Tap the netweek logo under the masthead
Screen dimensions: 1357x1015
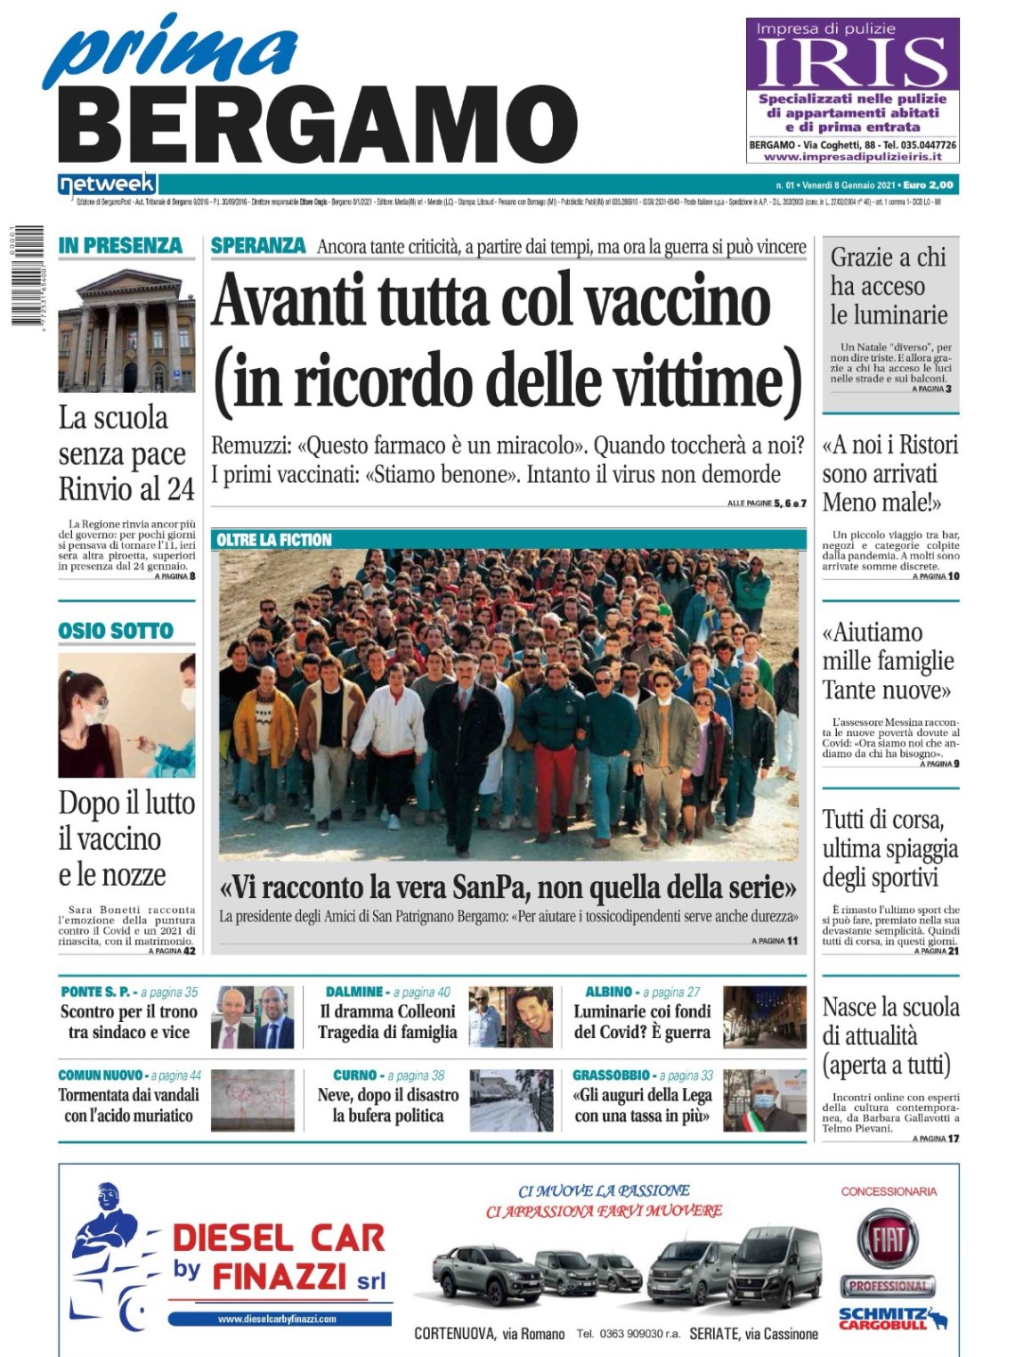[107, 184]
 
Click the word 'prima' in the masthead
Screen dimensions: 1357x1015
[169, 51]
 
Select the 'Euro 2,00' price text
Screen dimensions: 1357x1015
[928, 185]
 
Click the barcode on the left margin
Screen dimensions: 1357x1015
[28, 274]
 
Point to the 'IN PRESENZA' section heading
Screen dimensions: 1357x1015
[120, 246]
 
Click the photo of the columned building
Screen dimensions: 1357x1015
[126, 331]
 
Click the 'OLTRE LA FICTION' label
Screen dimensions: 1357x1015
[274, 540]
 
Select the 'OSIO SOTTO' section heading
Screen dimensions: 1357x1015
[116, 631]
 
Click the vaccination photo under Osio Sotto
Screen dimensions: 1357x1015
[126, 715]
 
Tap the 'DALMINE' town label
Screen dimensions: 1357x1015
[354, 992]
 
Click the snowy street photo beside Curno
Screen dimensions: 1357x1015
[511, 1100]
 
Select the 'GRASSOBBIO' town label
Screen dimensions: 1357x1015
[611, 1075]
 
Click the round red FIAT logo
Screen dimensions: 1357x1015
[888, 1239]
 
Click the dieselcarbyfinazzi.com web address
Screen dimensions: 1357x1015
[277, 1319]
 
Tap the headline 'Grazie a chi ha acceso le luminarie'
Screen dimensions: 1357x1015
[889, 286]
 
